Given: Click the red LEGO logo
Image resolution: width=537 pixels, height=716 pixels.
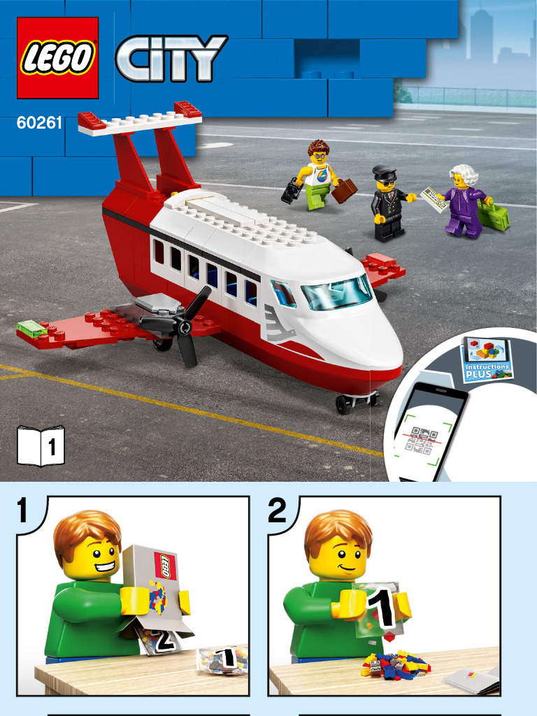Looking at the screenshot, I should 57,57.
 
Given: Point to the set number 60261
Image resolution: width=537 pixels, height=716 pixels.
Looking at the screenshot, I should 39,124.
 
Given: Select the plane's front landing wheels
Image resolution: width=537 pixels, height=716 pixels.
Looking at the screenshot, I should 355,401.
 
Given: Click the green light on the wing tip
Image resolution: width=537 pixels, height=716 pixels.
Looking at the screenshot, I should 29,326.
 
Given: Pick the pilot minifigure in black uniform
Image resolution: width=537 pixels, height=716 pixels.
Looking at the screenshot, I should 387,204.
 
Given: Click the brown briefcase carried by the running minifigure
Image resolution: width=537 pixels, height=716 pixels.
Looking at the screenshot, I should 344,191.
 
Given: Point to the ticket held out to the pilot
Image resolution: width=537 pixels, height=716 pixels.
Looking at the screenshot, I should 434,199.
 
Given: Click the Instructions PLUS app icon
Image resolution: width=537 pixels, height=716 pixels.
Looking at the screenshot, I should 488,358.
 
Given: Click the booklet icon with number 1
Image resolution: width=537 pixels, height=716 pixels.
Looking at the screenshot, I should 41,445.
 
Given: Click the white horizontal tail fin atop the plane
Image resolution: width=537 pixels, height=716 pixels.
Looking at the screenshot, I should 140,120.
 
